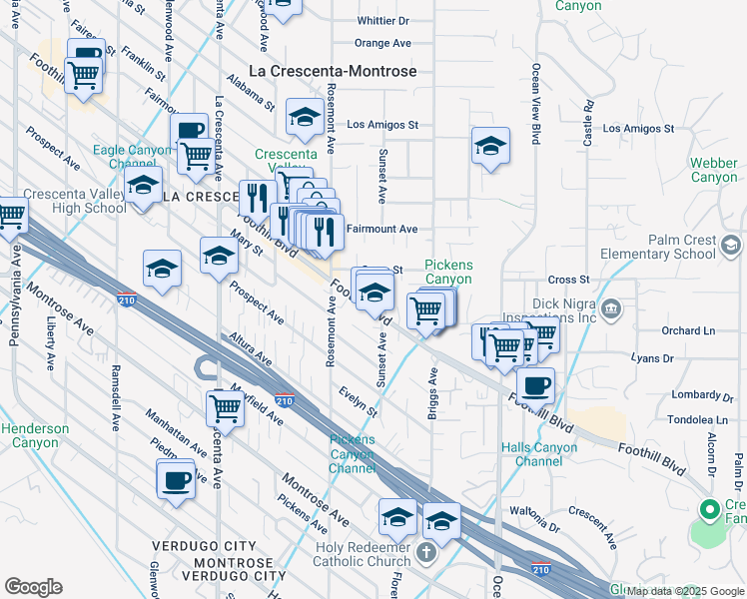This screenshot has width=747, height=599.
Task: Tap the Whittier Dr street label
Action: (383, 20)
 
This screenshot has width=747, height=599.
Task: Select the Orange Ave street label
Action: (382, 43)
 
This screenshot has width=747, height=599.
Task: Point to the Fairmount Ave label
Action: (381, 229)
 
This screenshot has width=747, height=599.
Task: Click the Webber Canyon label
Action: (714, 170)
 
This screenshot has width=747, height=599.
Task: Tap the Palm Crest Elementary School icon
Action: (731, 245)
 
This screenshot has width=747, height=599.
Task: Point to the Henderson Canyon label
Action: (35, 435)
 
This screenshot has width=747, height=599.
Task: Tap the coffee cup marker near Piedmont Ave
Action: (176, 479)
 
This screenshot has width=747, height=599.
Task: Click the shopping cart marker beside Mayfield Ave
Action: (226, 407)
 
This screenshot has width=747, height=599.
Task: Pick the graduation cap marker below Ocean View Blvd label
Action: (490, 147)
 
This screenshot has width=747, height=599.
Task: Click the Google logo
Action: (33, 587)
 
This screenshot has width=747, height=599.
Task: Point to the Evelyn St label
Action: (358, 402)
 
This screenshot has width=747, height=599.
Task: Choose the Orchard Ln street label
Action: (688, 330)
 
